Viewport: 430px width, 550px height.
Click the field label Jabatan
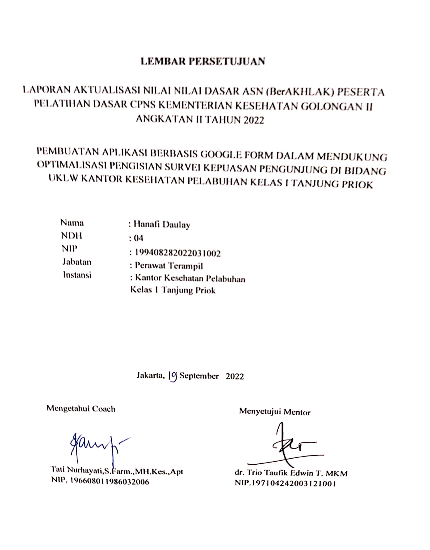(x=77, y=262)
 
